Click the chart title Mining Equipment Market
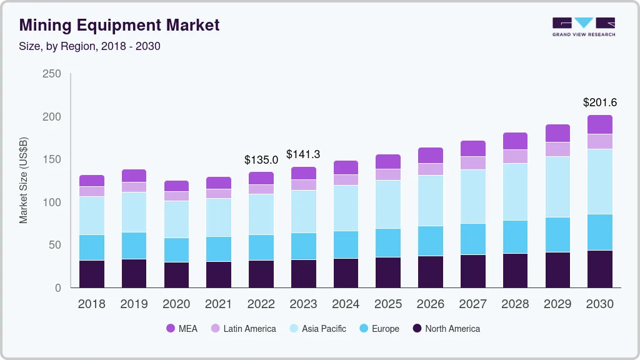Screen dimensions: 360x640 click(119, 26)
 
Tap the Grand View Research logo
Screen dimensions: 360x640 click(583, 26)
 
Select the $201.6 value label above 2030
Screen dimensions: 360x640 click(600, 102)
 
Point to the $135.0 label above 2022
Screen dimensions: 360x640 click(261, 160)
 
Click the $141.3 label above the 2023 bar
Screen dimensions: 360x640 click(303, 154)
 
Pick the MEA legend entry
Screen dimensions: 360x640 click(182, 329)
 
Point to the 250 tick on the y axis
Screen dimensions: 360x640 click(52, 74)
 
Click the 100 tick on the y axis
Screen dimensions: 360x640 click(52, 202)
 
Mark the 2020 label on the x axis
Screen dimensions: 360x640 click(176, 304)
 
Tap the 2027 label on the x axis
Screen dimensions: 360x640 click(473, 304)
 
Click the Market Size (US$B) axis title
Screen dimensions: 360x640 click(24, 181)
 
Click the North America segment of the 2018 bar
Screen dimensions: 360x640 click(92, 274)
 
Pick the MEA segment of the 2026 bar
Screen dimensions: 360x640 click(431, 156)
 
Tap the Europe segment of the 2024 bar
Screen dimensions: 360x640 click(346, 245)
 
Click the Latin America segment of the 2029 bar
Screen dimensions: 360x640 click(557, 149)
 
